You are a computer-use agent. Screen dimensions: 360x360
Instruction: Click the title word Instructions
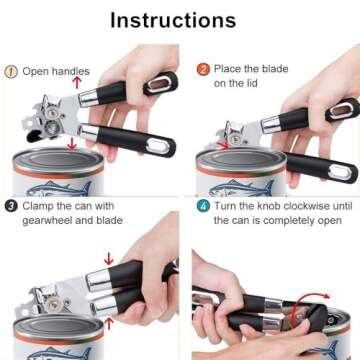(x=180, y=20)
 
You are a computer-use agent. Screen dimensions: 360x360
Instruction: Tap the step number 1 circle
(x=11, y=71)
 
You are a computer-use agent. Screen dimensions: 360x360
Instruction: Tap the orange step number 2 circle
(x=202, y=70)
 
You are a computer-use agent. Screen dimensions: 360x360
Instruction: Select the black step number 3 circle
(x=10, y=206)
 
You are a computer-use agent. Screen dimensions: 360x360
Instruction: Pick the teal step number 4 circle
(x=202, y=206)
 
